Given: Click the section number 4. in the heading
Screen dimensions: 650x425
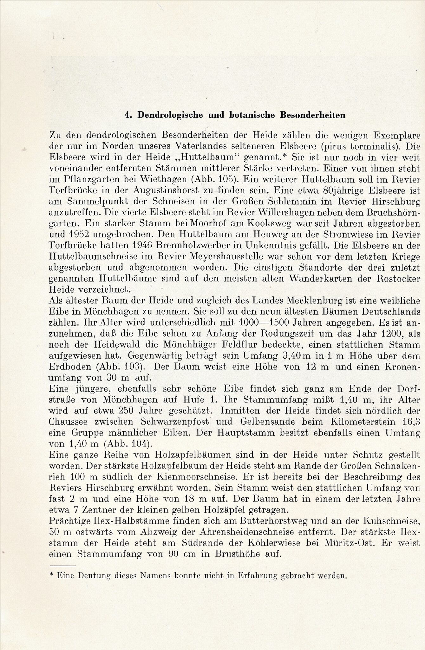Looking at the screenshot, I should click(128, 116).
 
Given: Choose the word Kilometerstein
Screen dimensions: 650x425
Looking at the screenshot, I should click(358, 422).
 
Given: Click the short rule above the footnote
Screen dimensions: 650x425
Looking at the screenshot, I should click(63, 565).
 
